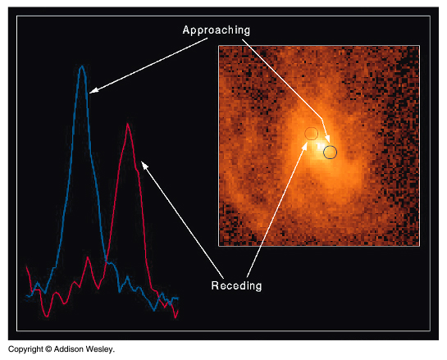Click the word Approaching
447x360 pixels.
click(x=217, y=30)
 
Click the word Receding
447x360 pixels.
click(x=236, y=285)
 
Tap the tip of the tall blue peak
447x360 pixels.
click(x=82, y=66)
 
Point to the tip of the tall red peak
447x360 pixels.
click(x=127, y=124)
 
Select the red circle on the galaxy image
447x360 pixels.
click(x=312, y=133)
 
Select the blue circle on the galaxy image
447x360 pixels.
click(x=330, y=152)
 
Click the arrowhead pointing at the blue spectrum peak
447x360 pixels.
click(x=94, y=89)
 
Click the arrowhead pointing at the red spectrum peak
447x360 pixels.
click(x=144, y=165)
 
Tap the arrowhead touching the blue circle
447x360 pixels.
click(x=328, y=139)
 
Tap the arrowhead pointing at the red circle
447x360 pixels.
click(x=304, y=145)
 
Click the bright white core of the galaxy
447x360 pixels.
click(x=321, y=147)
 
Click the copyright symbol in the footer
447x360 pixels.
click(x=48, y=349)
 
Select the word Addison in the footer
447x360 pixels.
click(x=69, y=349)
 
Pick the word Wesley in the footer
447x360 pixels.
click(x=100, y=349)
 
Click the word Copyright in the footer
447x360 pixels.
click(x=25, y=349)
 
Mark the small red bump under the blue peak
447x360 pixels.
click(x=88, y=257)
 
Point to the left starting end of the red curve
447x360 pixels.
click(x=26, y=267)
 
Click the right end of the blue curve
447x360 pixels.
click(x=178, y=298)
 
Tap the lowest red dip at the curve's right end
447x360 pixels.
click(x=176, y=317)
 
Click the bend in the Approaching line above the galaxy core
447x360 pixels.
click(x=322, y=119)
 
